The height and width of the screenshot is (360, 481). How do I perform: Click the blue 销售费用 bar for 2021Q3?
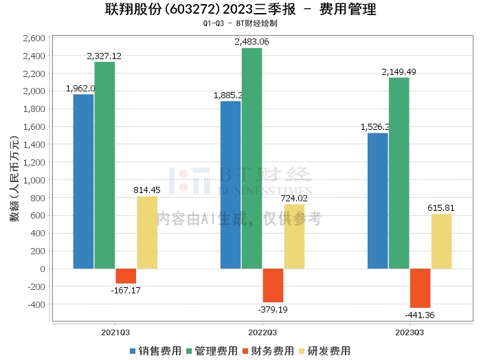(x=83, y=181)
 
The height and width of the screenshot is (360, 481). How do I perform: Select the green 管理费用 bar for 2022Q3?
(x=251, y=158)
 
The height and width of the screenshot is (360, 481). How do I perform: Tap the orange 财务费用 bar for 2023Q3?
(x=420, y=288)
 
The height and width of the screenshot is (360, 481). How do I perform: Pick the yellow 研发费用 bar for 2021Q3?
(x=147, y=232)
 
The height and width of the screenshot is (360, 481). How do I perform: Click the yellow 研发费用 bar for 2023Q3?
(x=442, y=241)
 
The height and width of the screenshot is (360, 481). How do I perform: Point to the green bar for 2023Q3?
(x=399, y=173)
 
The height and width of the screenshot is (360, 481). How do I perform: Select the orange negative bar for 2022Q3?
(x=273, y=285)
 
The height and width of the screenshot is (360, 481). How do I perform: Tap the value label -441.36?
(x=419, y=315)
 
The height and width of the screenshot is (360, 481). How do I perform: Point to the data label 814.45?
(x=146, y=190)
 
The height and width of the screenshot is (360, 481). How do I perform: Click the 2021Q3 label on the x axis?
(x=115, y=331)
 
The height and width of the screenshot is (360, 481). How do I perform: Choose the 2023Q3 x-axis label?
(x=410, y=331)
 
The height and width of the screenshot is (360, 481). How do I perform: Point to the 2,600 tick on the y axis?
(x=34, y=38)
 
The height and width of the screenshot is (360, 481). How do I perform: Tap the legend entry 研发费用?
(x=327, y=350)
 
